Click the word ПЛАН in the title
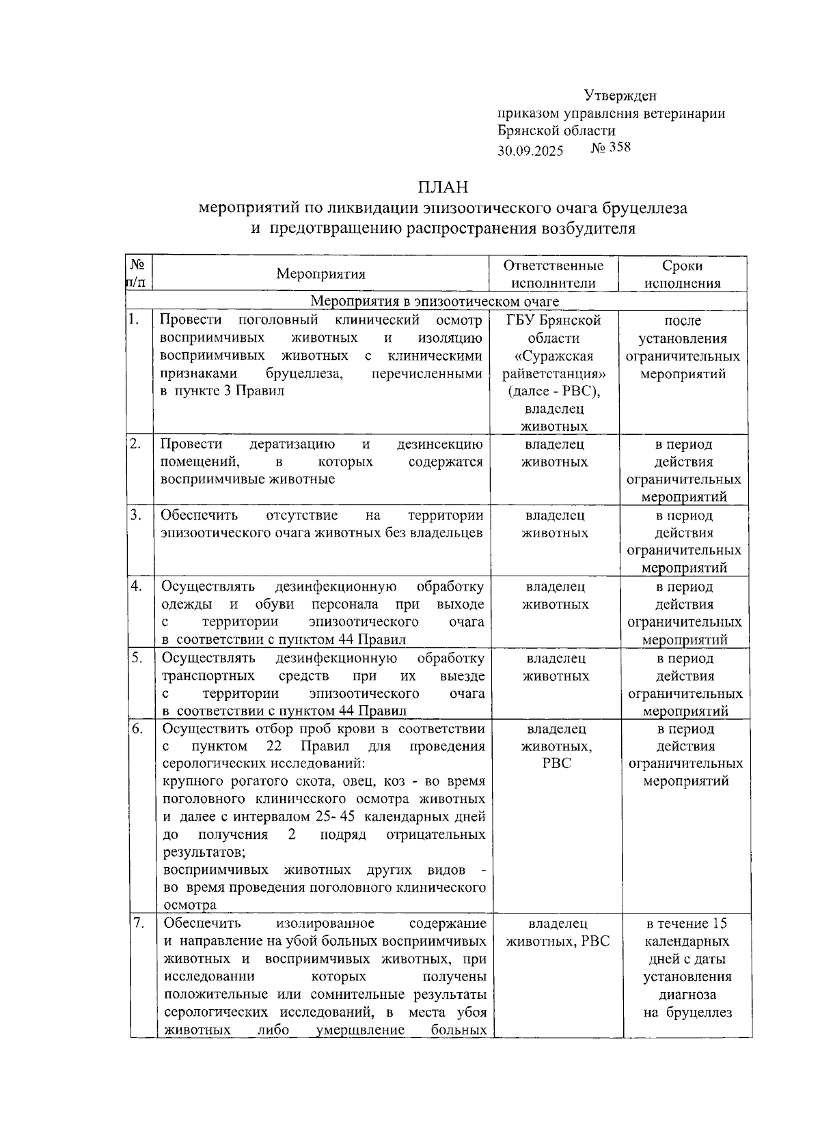click(x=443, y=186)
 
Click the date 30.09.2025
click(x=530, y=150)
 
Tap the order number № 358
click(x=610, y=147)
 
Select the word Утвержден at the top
click(x=620, y=96)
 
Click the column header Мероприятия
click(x=320, y=274)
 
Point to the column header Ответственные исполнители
click(x=553, y=274)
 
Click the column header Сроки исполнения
click(x=682, y=274)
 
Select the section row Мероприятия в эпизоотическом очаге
click(x=435, y=301)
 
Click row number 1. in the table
click(x=135, y=320)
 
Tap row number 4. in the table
click(x=137, y=586)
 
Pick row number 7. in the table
click(x=138, y=923)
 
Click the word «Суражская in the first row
click(x=554, y=356)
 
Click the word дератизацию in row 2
click(x=292, y=444)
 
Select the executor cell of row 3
click(x=555, y=524)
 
